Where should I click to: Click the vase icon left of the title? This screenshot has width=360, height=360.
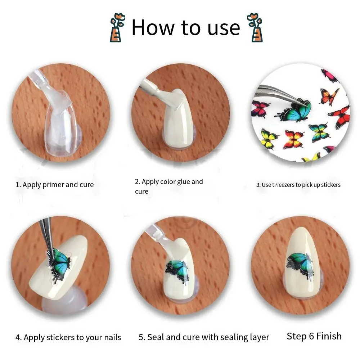(x=117, y=27)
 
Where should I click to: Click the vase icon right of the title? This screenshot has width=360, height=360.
(x=255, y=27)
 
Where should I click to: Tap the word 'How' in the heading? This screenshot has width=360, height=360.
(x=153, y=28)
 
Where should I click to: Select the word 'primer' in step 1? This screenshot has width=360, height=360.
(x=54, y=185)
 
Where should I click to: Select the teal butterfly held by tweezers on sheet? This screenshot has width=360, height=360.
(x=294, y=111)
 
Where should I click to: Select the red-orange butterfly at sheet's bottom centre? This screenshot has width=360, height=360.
(x=293, y=139)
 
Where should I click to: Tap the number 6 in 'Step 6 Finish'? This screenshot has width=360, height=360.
(x=311, y=336)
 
